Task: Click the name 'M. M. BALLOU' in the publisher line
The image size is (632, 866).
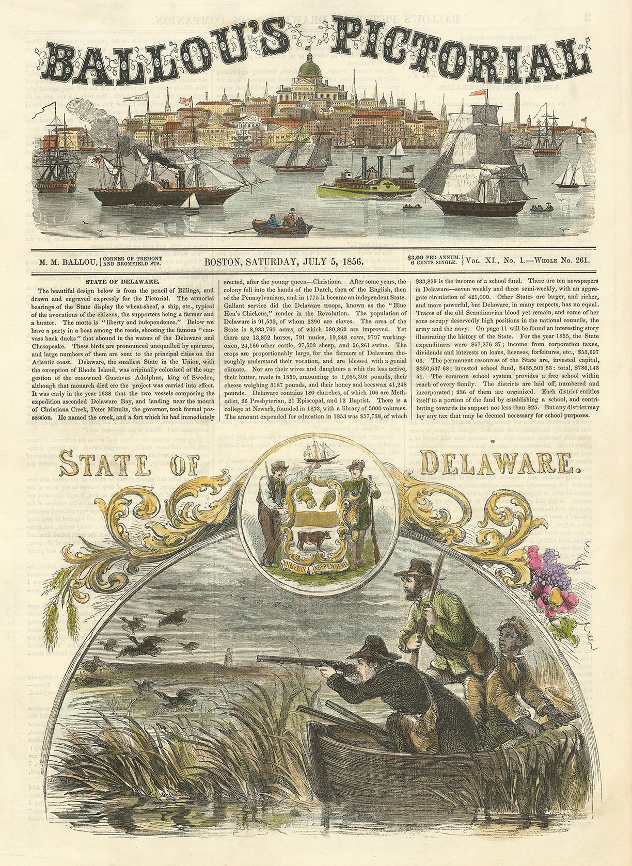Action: [x=66, y=263]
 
